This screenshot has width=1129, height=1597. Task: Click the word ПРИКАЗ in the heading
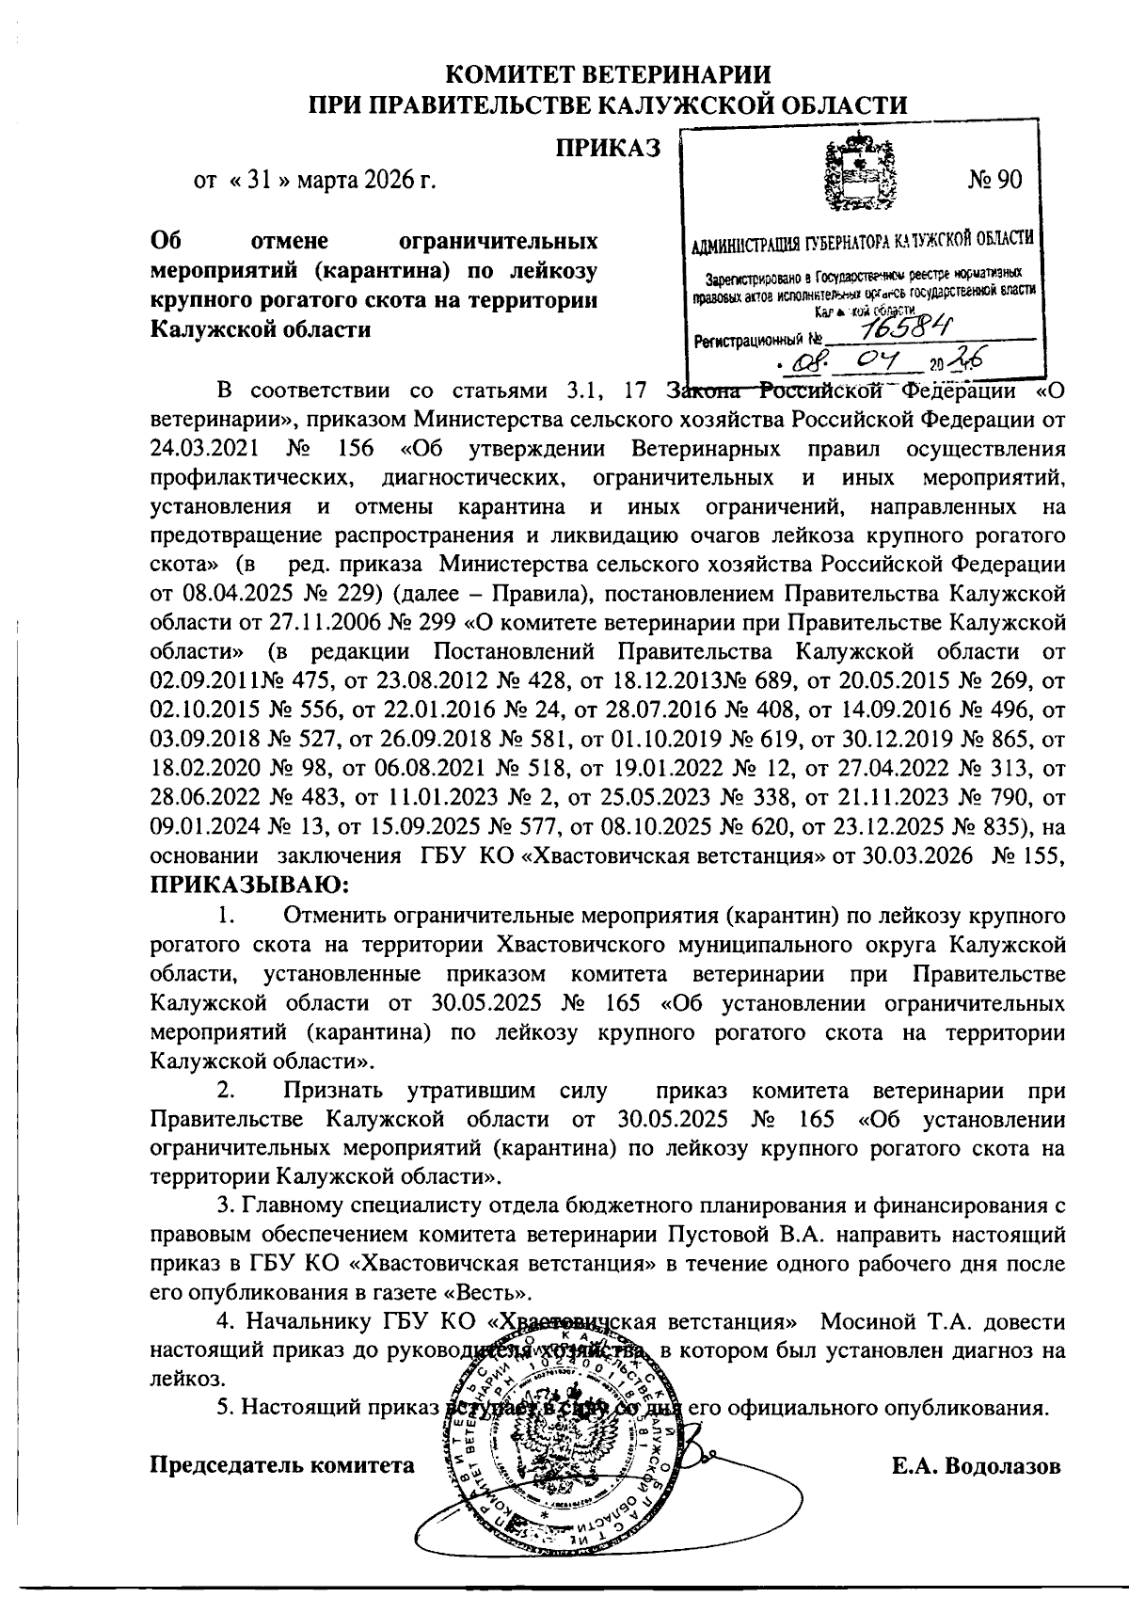tap(608, 148)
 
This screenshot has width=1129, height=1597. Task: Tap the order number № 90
tap(994, 179)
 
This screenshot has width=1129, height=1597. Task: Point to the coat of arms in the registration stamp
tap(858, 172)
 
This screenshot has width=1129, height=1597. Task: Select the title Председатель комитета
tap(282, 1464)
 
